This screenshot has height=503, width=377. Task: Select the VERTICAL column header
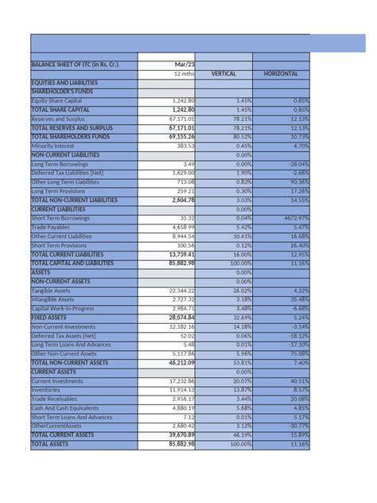(224, 73)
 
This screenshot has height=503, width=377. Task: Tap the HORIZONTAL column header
(281, 73)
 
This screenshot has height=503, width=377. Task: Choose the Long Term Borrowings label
(60, 163)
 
